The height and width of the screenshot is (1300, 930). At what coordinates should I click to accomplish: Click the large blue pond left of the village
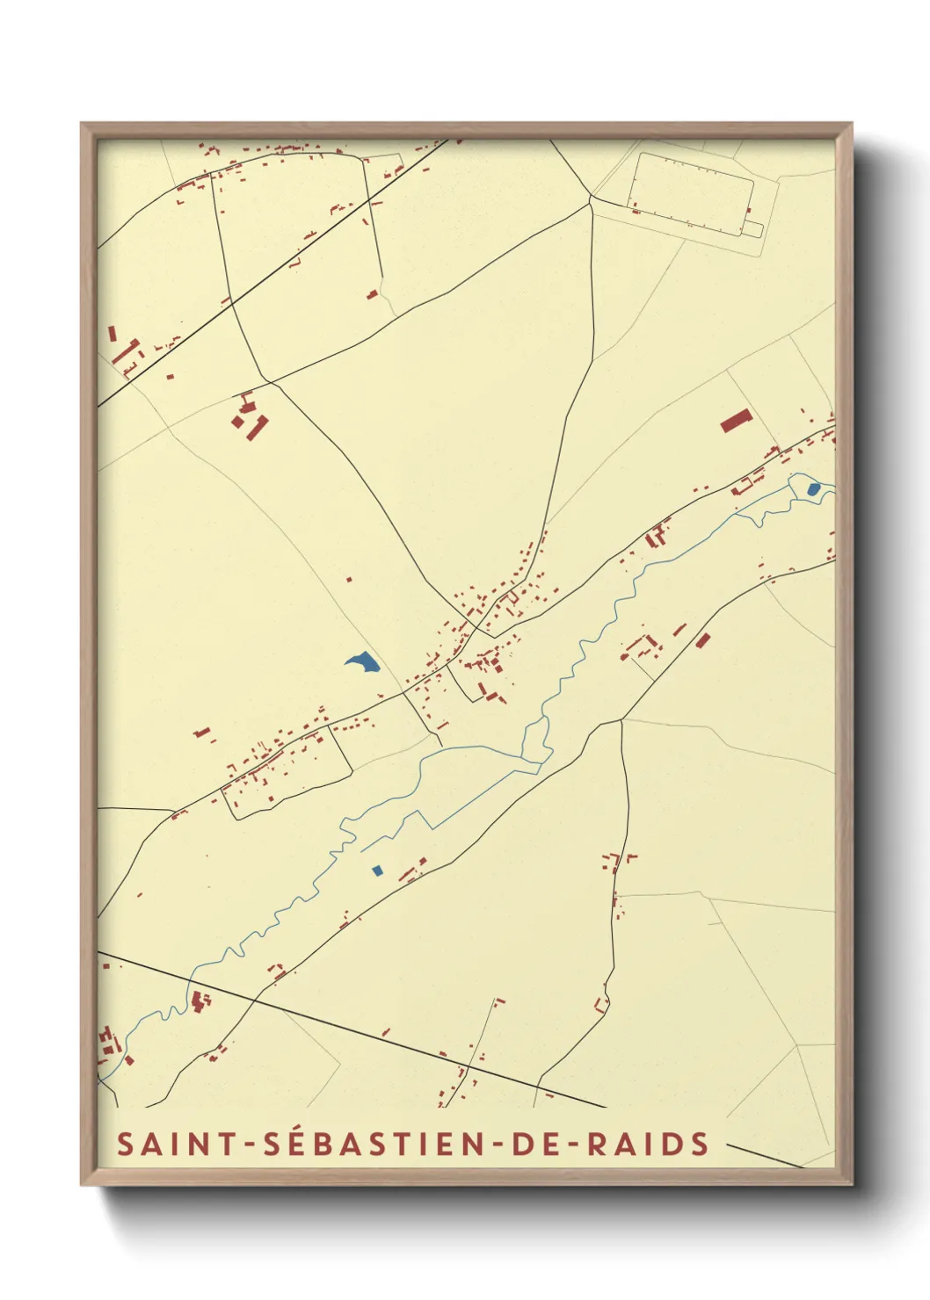pos(362,662)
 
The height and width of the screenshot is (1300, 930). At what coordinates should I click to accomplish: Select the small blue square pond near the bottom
pos(377,870)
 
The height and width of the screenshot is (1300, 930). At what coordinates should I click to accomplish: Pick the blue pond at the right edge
pos(813,488)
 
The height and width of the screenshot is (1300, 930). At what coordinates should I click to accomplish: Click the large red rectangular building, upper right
pos(737,421)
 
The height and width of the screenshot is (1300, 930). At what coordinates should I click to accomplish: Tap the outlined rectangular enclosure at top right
pos(693,193)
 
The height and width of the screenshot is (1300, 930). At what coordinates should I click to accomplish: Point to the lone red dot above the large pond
pos(349,580)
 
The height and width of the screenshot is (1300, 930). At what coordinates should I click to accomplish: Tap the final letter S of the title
pos(700,1144)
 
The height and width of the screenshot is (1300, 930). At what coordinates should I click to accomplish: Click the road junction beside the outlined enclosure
pos(591,201)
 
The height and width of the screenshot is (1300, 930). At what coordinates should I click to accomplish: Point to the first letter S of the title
pos(126,1144)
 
